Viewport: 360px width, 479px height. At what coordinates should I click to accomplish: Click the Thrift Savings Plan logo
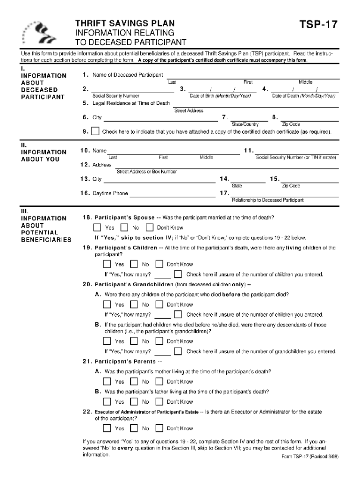pyautogui.click(x=38, y=32)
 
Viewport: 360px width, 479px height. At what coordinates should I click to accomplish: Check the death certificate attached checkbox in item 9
pyautogui.click(x=95, y=131)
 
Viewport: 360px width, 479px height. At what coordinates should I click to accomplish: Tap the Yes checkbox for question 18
pyautogui.click(x=97, y=228)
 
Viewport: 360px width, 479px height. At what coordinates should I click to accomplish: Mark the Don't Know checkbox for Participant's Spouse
pyautogui.click(x=150, y=228)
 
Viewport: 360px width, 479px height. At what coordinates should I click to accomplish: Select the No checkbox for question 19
pyautogui.click(x=134, y=264)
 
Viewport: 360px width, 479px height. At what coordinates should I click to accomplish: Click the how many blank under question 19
pyautogui.click(x=162, y=275)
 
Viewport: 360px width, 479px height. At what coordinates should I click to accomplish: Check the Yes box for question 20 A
pyautogui.click(x=107, y=305)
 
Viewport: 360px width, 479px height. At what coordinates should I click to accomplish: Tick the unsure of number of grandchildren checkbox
pyautogui.click(x=178, y=351)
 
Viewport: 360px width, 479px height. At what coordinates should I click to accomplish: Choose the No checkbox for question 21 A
pyautogui.click(x=134, y=382)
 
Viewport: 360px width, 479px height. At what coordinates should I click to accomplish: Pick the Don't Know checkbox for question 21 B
pyautogui.click(x=159, y=401)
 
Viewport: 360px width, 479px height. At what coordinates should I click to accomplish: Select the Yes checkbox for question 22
pyautogui.click(x=107, y=428)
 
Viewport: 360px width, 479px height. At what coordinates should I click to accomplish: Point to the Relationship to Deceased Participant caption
pyautogui.click(x=268, y=200)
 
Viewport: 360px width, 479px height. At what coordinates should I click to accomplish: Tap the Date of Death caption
pyautogui.click(x=304, y=96)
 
